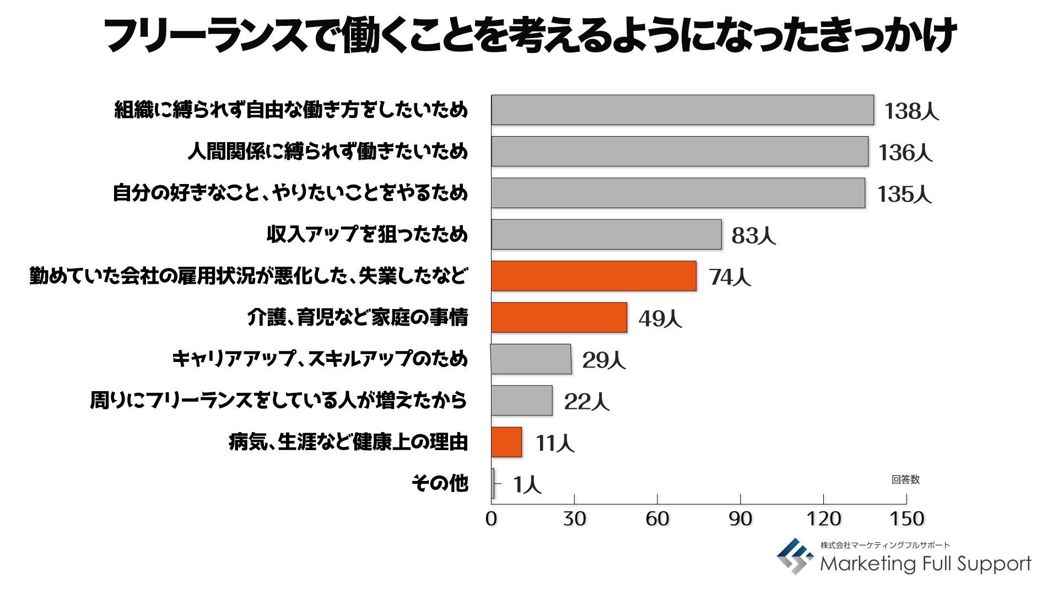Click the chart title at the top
point(529,36)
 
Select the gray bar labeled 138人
point(682,110)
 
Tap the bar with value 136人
point(679,152)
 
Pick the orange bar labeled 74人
point(593,276)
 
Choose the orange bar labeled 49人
point(559,317)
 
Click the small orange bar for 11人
point(506,442)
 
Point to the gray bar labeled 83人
point(606,235)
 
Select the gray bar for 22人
point(521,401)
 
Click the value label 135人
point(904,194)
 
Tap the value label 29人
point(604,360)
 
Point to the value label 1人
point(527,485)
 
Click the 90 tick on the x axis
point(740,518)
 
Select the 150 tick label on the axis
point(906,518)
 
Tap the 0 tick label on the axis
point(491,518)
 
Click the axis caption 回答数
point(905,479)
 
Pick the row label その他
point(440,483)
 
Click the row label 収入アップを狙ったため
point(367,234)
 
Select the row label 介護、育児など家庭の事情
point(358,317)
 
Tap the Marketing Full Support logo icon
point(795,556)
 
